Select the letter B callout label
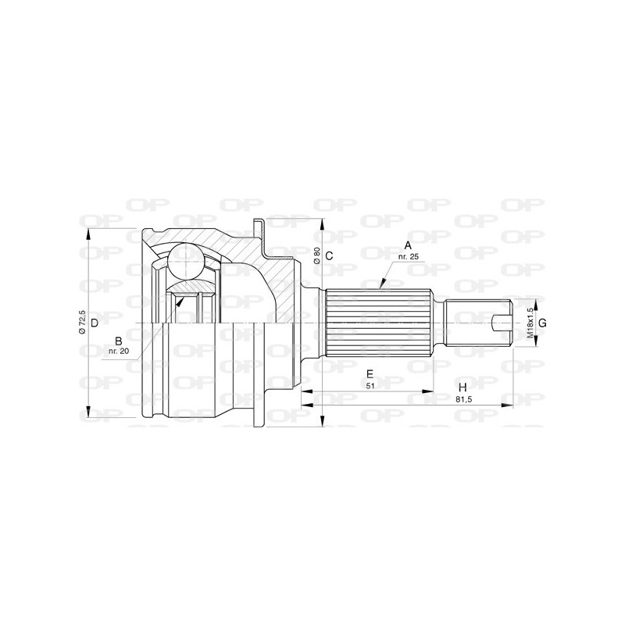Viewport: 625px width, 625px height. click(x=118, y=341)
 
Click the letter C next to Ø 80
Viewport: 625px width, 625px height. click(x=329, y=256)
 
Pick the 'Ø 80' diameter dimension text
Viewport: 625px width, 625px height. click(x=317, y=256)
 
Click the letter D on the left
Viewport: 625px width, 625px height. click(x=94, y=323)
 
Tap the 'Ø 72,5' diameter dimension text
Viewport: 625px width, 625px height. click(x=82, y=323)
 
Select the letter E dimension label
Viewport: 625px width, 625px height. click(x=370, y=373)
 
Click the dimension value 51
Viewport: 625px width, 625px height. click(x=370, y=384)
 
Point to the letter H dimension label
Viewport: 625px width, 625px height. click(x=462, y=387)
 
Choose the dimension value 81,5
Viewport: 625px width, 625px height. click(x=462, y=398)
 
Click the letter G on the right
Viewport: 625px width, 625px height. click(x=542, y=323)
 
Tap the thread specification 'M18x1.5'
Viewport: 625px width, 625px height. click(x=529, y=323)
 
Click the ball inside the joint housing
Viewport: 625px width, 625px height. click(x=187, y=261)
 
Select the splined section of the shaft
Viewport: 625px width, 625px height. click(x=379, y=323)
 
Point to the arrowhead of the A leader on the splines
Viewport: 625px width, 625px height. click(x=380, y=288)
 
